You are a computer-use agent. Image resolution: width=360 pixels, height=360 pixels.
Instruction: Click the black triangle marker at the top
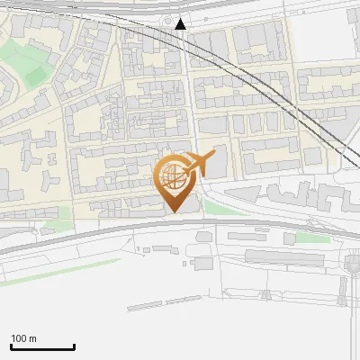181,23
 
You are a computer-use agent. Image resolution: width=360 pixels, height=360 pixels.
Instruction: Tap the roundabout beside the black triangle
167,21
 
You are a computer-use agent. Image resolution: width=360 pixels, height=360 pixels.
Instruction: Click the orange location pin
175,180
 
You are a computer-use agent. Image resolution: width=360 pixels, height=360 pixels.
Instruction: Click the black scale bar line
42,346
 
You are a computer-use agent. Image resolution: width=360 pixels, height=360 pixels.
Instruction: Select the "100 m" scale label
23,338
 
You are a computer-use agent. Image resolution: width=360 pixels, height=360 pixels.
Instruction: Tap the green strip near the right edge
313,238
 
